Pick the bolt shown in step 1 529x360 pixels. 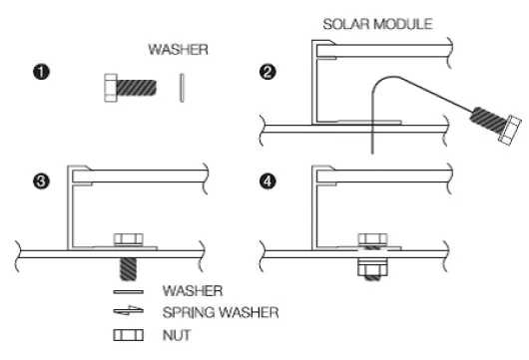(129, 87)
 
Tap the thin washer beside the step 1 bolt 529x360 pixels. (178, 87)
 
